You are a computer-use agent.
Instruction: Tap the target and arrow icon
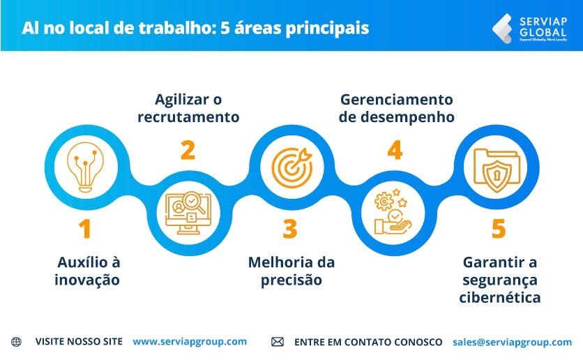pos(289,167)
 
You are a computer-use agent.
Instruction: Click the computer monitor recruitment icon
pos(188,212)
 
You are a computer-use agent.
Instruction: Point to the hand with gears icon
pos(393,212)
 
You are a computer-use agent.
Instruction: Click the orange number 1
pos(84,229)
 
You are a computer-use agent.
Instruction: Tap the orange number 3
pos(290,229)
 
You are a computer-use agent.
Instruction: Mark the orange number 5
pos(498,229)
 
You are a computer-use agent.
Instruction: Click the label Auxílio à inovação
pos(88,271)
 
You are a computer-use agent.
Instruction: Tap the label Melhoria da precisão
pos(291,271)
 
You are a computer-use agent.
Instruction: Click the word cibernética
pos(500,297)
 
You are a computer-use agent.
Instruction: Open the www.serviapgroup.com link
pos(190,342)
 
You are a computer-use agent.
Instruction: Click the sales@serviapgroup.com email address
pos(512,342)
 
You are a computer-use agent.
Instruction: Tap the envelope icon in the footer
pos(278,342)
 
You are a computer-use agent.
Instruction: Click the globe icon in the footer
pos(16,342)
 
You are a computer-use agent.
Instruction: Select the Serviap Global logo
pos(529,28)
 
